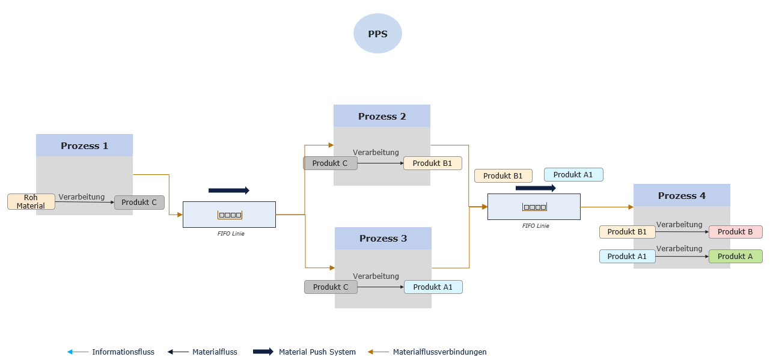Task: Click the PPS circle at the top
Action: (377, 34)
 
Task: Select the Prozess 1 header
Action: (84, 145)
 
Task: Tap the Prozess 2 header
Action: (382, 116)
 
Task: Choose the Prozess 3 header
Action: (383, 238)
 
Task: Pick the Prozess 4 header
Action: (682, 195)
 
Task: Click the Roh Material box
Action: (31, 202)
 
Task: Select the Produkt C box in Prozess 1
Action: (139, 203)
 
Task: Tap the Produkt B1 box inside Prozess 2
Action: (432, 163)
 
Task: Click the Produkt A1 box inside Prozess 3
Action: (433, 287)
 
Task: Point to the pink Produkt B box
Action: (735, 232)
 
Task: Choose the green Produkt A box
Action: (735, 256)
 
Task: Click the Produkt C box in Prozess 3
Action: (331, 287)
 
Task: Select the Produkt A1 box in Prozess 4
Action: (627, 256)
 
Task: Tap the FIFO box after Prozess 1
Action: (229, 215)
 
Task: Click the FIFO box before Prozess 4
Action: (534, 207)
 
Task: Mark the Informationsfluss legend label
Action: (123, 352)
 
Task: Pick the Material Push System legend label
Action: (317, 352)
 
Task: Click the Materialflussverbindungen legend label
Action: (439, 352)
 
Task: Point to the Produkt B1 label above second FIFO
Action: (503, 175)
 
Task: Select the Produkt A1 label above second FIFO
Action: (573, 174)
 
